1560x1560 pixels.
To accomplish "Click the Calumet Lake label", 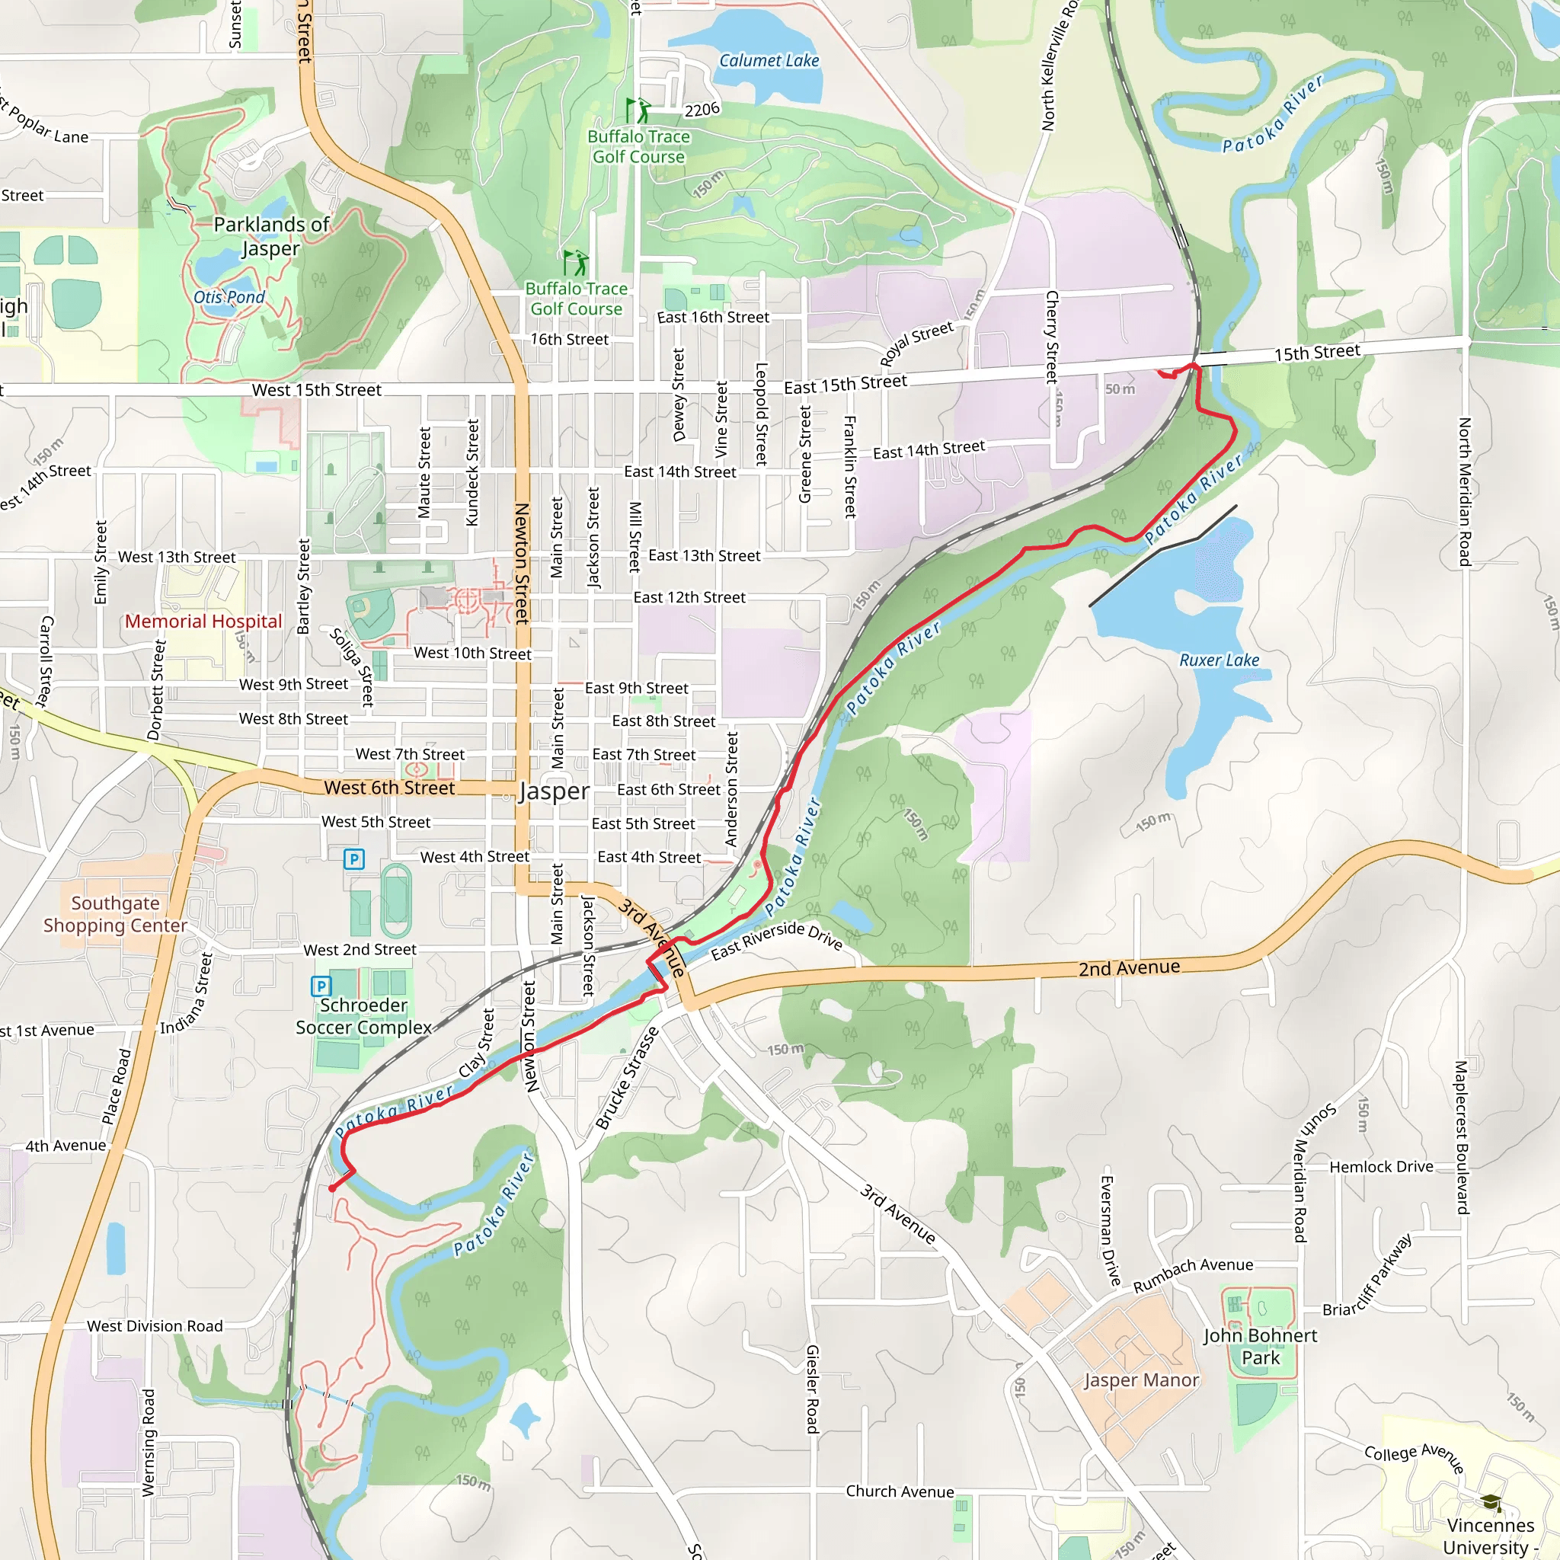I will pyautogui.click(x=769, y=61).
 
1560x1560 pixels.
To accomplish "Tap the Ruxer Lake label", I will pyautogui.click(x=1220, y=660).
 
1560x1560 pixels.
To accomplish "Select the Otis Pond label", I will pyautogui.click(x=229, y=297).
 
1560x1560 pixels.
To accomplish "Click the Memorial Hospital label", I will pyautogui.click(x=203, y=621).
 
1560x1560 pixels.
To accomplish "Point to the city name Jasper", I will pyautogui.click(x=554, y=791).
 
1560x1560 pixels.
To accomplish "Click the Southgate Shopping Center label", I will pyautogui.click(x=116, y=914).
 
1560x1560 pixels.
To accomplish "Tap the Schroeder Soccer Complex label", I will pyautogui.click(x=363, y=1016).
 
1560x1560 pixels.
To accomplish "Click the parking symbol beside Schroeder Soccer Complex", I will pyautogui.click(x=321, y=986).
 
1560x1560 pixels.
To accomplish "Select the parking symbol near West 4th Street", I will pyautogui.click(x=353, y=859).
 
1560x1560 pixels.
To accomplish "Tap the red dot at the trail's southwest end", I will pyautogui.click(x=332, y=1188).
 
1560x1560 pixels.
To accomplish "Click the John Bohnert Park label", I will pyautogui.click(x=1260, y=1346).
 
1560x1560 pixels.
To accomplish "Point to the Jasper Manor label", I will pyautogui.click(x=1141, y=1380).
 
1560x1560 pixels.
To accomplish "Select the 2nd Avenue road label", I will pyautogui.click(x=1129, y=967).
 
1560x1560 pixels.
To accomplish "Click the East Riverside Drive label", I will pyautogui.click(x=776, y=940).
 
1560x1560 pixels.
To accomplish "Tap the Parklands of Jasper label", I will pyautogui.click(x=271, y=236).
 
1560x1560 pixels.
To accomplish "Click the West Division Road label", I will pyautogui.click(x=155, y=1326).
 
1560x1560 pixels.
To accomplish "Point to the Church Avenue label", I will pyautogui.click(x=900, y=1491).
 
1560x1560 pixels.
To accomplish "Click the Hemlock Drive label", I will pyautogui.click(x=1382, y=1167).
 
